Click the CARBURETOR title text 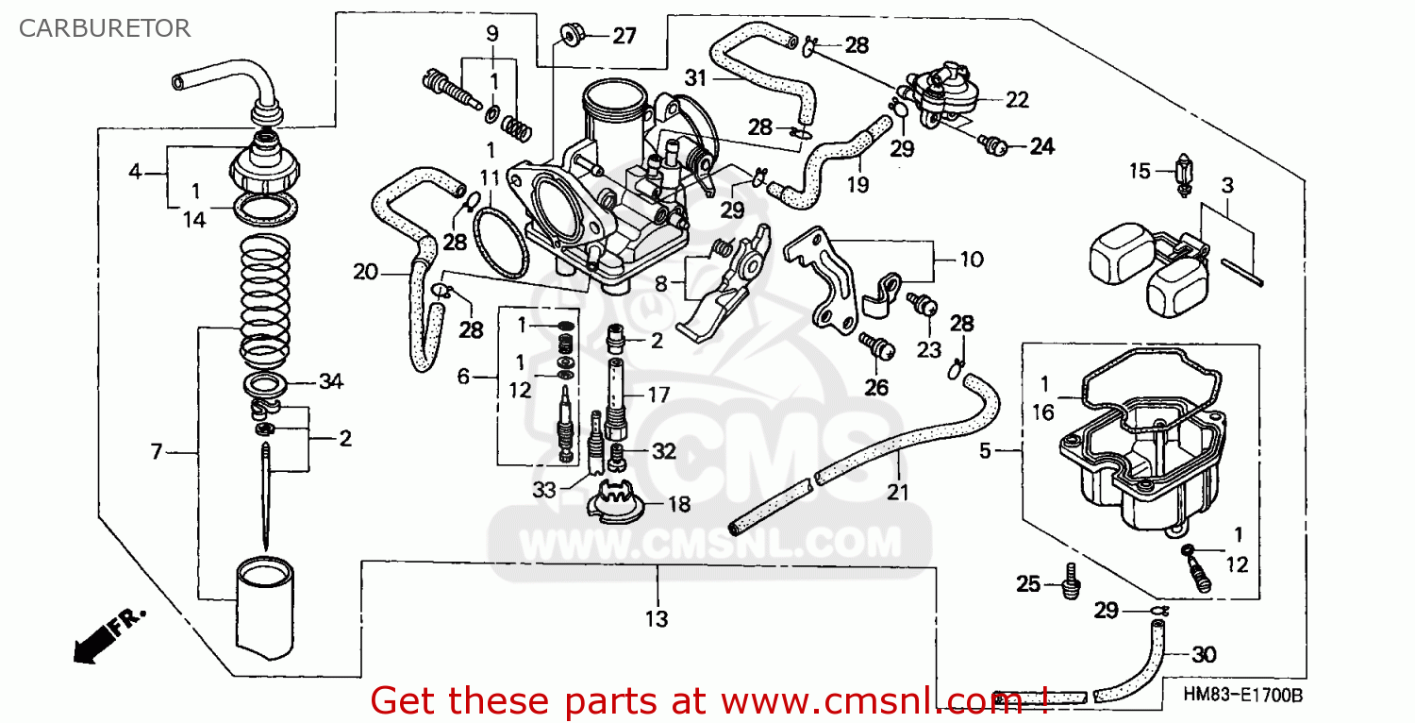[105, 28]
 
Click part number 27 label [624, 37]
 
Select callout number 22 [1016, 100]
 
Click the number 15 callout [1140, 171]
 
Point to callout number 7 [157, 453]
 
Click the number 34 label [330, 382]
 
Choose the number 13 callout [657, 619]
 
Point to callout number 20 [365, 274]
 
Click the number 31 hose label [695, 78]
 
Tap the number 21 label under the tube [897, 492]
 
